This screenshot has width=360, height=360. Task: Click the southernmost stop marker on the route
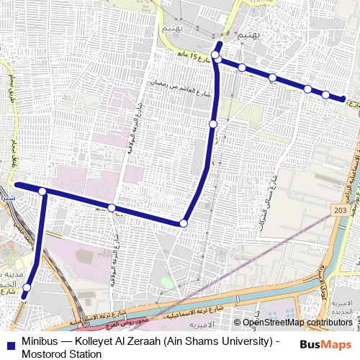26,288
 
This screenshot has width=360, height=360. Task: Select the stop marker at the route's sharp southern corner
183,224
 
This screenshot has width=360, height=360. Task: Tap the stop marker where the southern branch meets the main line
43,192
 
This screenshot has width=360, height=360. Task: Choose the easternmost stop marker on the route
343,99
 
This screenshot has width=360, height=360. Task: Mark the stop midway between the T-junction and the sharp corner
112,208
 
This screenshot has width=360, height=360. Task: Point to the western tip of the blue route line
17,186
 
